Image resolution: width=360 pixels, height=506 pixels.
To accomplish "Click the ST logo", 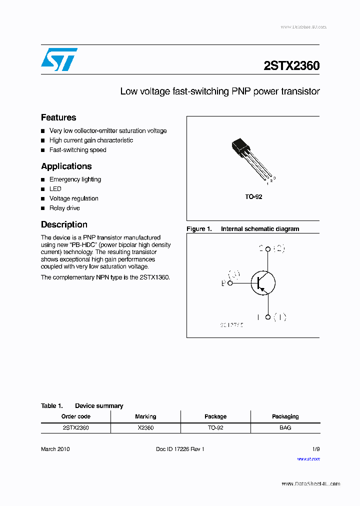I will [59, 59].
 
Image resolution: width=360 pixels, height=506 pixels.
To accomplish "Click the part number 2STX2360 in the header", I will [291, 66].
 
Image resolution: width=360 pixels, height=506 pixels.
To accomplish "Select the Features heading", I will [58, 117].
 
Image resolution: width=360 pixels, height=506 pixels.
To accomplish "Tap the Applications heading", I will [66, 166].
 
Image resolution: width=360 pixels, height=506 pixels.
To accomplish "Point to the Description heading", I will [64, 224].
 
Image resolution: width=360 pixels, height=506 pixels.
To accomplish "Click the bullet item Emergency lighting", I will [75, 179].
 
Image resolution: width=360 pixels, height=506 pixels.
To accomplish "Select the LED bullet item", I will [55, 189].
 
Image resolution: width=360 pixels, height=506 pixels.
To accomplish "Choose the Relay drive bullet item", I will [64, 208].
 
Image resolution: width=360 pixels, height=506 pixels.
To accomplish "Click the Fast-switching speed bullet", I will [77, 150].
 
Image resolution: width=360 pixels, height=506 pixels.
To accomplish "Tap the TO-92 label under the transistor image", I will [253, 197].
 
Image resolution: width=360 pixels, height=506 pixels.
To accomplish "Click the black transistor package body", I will [240, 148].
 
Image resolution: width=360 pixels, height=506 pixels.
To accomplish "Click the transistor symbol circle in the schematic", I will [262, 283].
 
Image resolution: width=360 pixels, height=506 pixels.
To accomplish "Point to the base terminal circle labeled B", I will [230, 283].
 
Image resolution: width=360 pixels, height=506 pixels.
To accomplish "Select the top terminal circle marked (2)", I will [268, 249].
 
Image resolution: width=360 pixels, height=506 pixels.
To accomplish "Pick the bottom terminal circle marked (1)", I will [268, 317].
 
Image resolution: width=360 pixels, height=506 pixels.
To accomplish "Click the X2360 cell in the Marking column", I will [145, 428].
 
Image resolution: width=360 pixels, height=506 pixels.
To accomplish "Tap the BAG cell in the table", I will [285, 428].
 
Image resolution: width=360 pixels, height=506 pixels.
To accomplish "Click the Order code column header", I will [75, 416].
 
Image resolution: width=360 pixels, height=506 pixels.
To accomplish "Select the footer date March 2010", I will [55, 449].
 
